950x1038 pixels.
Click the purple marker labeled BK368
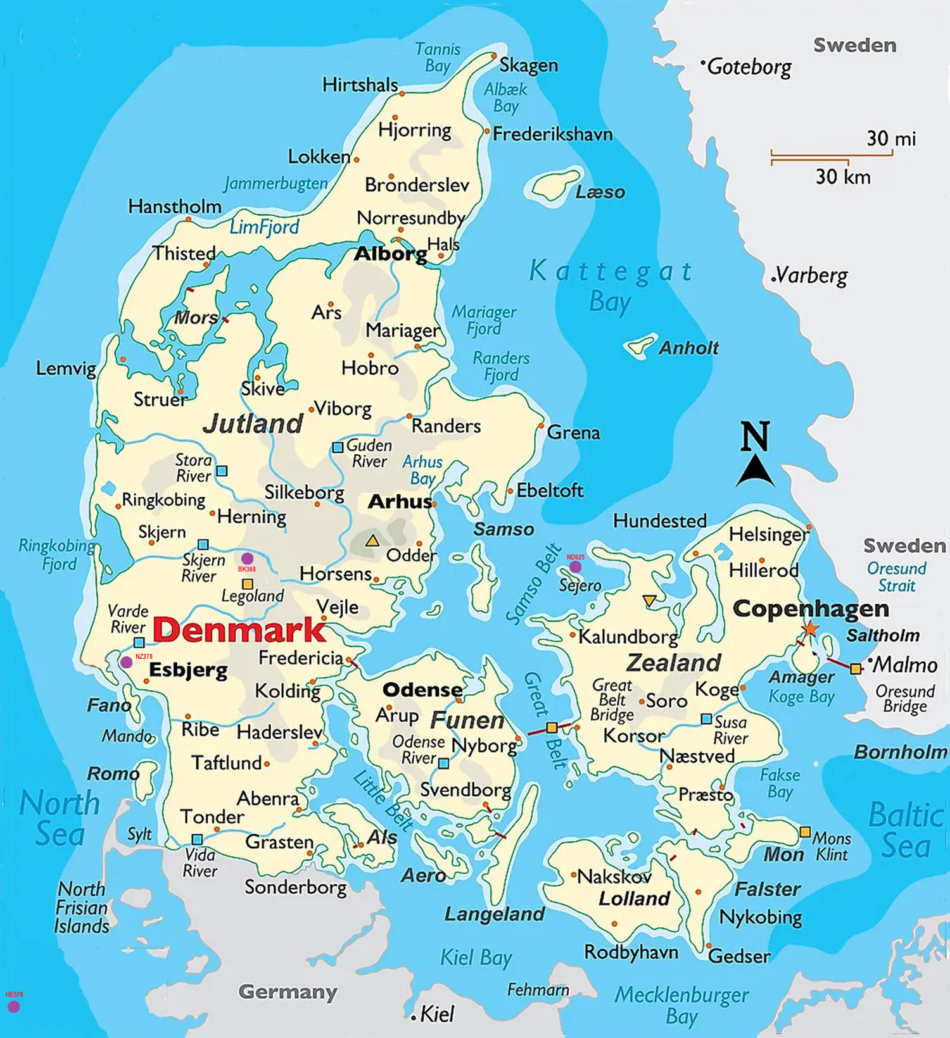(x=247, y=558)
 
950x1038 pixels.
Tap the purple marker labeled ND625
(x=575, y=566)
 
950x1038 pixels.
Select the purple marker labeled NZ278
(x=127, y=662)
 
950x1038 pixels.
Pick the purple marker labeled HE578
(x=13, y=1006)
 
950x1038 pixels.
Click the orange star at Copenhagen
(x=810, y=628)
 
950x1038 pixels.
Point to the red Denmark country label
(x=239, y=630)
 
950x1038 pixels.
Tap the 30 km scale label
(x=842, y=177)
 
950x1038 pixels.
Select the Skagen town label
(x=528, y=65)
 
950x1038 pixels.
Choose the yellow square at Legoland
(x=248, y=584)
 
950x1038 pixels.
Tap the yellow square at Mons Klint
(x=805, y=832)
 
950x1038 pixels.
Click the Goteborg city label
(x=749, y=66)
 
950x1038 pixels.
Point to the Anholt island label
(x=688, y=347)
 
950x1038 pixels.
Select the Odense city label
(x=422, y=689)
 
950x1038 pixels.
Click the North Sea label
(x=60, y=818)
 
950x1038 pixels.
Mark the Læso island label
(x=600, y=192)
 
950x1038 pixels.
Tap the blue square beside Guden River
(x=338, y=447)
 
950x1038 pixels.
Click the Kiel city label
(x=437, y=1015)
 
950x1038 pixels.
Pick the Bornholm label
(x=901, y=752)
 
